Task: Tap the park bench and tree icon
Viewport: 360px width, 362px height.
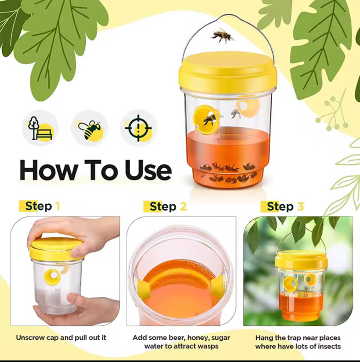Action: click(x=40, y=128)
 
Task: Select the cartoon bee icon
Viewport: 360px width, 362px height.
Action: click(x=90, y=130)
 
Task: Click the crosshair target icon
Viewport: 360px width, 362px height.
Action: click(x=138, y=128)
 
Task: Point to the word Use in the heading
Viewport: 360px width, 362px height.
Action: click(x=148, y=170)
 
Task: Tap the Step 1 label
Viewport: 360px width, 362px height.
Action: click(x=42, y=206)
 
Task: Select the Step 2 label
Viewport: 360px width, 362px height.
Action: click(x=168, y=206)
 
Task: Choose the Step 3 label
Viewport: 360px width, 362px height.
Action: click(x=285, y=206)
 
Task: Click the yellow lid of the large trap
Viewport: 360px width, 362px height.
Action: click(x=228, y=72)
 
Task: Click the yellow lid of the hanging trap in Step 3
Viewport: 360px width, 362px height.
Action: click(x=301, y=260)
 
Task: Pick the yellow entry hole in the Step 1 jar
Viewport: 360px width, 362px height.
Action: click(x=52, y=277)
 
